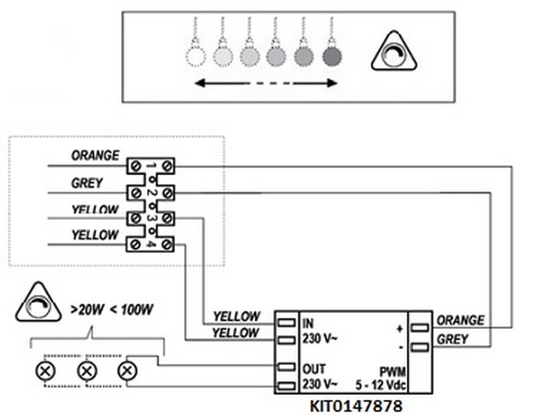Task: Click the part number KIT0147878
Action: coord(356,406)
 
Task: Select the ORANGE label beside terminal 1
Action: coord(95,156)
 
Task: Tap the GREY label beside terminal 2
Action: coord(87,183)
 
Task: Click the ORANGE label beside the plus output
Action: coord(461,320)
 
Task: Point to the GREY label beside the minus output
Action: coord(453,339)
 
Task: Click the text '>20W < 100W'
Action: coord(112,309)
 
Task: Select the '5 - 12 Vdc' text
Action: coord(382,384)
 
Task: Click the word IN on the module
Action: coord(308,323)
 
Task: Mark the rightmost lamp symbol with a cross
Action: coord(126,370)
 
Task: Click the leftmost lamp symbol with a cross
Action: coord(43,370)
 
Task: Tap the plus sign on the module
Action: coord(399,328)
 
